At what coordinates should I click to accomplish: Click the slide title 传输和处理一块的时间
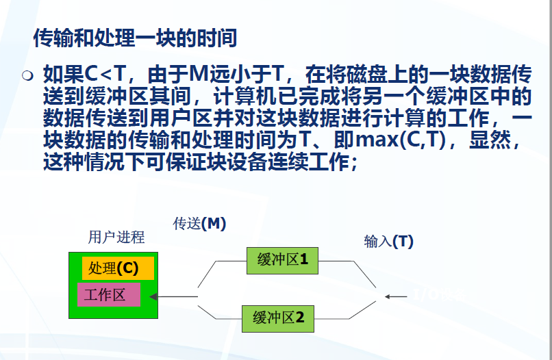tap(135, 38)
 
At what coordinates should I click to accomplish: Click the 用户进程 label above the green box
tap(116, 237)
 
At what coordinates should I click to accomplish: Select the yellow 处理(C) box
tap(118, 268)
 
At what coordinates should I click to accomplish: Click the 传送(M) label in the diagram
tap(199, 224)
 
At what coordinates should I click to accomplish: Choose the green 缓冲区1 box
tap(283, 259)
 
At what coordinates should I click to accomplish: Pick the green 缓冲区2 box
tap(283, 318)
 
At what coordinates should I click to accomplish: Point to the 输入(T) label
tap(388, 241)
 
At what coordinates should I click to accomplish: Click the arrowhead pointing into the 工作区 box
tap(154, 297)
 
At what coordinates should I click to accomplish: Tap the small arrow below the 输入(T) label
tap(394, 297)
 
